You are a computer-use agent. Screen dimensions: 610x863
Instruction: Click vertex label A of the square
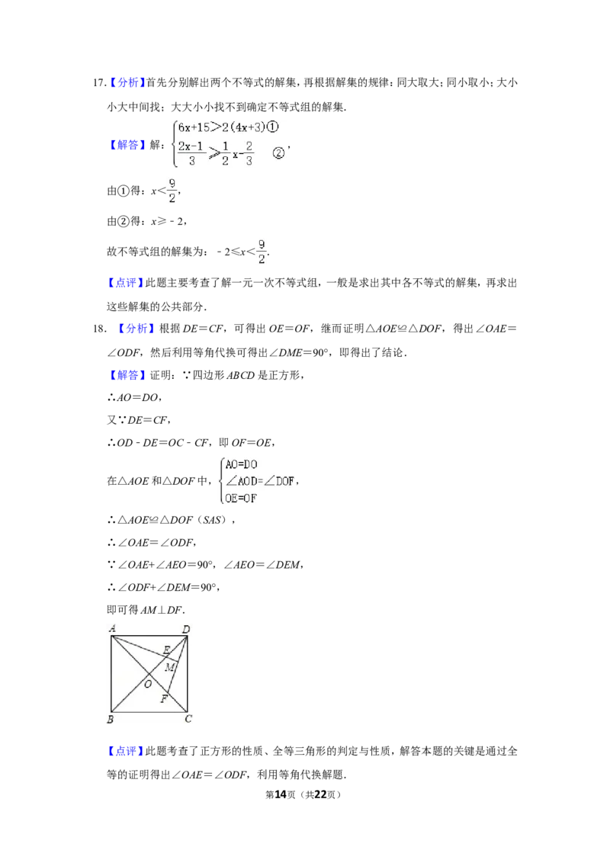point(112,629)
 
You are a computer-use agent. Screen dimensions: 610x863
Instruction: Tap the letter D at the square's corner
point(186,629)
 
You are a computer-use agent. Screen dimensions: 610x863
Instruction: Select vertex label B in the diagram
point(111,720)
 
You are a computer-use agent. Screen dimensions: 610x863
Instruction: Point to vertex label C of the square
point(188,719)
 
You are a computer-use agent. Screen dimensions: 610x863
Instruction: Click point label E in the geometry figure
point(166,650)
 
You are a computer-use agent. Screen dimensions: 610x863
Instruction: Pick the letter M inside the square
point(170,668)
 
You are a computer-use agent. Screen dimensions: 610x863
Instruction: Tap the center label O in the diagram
point(148,685)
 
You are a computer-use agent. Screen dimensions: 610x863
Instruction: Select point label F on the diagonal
point(163,699)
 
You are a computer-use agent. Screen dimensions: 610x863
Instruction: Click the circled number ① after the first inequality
point(273,127)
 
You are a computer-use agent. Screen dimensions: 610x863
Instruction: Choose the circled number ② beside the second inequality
point(278,153)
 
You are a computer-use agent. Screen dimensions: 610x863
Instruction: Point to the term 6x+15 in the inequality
point(194,127)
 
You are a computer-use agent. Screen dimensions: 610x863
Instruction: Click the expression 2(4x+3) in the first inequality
point(243,127)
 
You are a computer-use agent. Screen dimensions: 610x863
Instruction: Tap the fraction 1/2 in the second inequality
point(225,153)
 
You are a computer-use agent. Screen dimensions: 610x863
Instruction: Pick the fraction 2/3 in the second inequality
point(249,153)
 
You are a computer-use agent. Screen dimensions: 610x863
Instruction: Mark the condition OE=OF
point(242,499)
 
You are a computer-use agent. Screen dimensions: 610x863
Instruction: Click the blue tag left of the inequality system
point(127,145)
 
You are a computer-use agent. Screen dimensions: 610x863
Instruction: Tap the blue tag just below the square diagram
point(124,751)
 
